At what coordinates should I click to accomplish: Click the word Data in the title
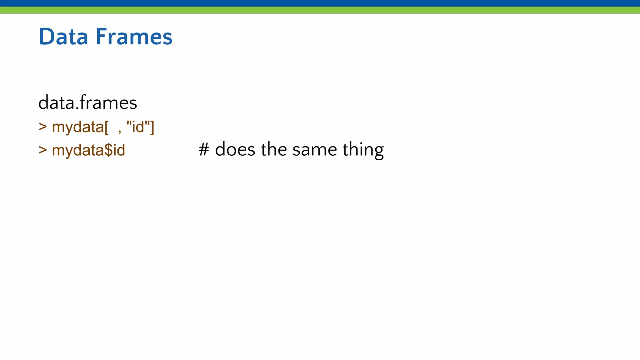click(x=63, y=37)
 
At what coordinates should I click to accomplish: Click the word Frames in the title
click(x=134, y=37)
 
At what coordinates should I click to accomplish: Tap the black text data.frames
click(x=87, y=103)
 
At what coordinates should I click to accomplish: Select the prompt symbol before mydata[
click(x=42, y=127)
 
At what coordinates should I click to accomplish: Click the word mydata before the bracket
click(x=77, y=127)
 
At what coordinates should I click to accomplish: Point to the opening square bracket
click(x=107, y=127)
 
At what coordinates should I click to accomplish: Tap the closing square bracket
click(x=152, y=127)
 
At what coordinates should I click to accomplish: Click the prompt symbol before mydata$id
click(x=42, y=150)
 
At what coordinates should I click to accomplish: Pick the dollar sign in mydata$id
click(x=108, y=150)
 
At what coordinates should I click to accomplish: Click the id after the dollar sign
click(x=119, y=150)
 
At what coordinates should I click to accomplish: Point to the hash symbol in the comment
click(x=204, y=149)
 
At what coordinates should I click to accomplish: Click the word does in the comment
click(x=235, y=149)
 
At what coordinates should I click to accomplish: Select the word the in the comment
click(x=274, y=149)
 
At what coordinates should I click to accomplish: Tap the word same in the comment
click(x=315, y=149)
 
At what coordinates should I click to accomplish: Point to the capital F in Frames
click(x=101, y=37)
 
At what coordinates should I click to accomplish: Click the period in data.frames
click(x=77, y=108)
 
